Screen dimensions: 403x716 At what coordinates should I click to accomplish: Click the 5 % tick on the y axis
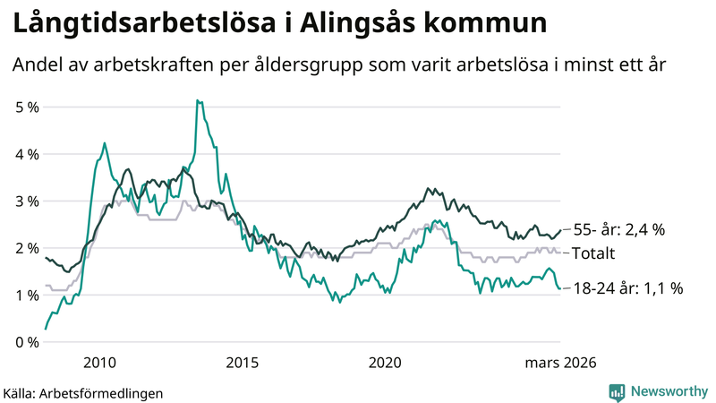26,107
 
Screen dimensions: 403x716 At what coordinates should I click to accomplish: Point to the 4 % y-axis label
26,154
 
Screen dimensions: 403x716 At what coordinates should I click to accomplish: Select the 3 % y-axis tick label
26,201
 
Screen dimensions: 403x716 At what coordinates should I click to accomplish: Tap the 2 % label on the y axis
26,248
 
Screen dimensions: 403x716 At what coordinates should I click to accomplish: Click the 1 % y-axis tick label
26,296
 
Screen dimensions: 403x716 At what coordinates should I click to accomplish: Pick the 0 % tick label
26,342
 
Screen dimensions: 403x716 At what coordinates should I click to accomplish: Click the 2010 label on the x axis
99,363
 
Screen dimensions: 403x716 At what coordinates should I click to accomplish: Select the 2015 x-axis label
242,363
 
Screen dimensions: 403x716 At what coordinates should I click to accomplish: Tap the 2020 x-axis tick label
385,363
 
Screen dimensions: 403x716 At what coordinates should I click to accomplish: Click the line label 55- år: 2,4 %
618,230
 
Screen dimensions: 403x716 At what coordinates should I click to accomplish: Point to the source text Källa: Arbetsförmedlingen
83,392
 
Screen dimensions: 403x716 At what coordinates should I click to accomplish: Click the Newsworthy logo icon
617,391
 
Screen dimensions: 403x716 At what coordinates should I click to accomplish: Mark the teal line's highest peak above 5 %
198,101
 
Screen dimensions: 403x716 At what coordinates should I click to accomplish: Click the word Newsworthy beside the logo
668,391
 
